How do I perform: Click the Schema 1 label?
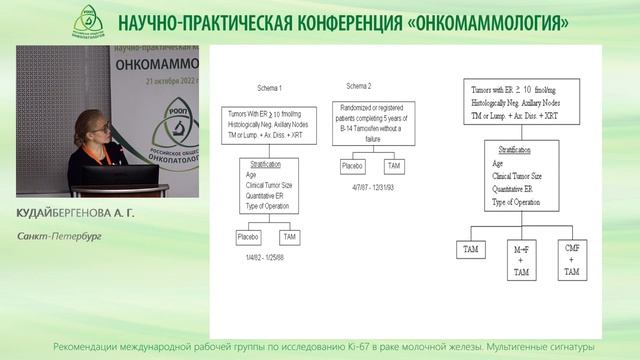coord(242,89)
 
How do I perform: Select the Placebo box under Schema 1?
coord(246,238)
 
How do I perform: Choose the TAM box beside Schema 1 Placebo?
coord(290,238)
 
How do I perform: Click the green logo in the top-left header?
coord(94,20)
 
